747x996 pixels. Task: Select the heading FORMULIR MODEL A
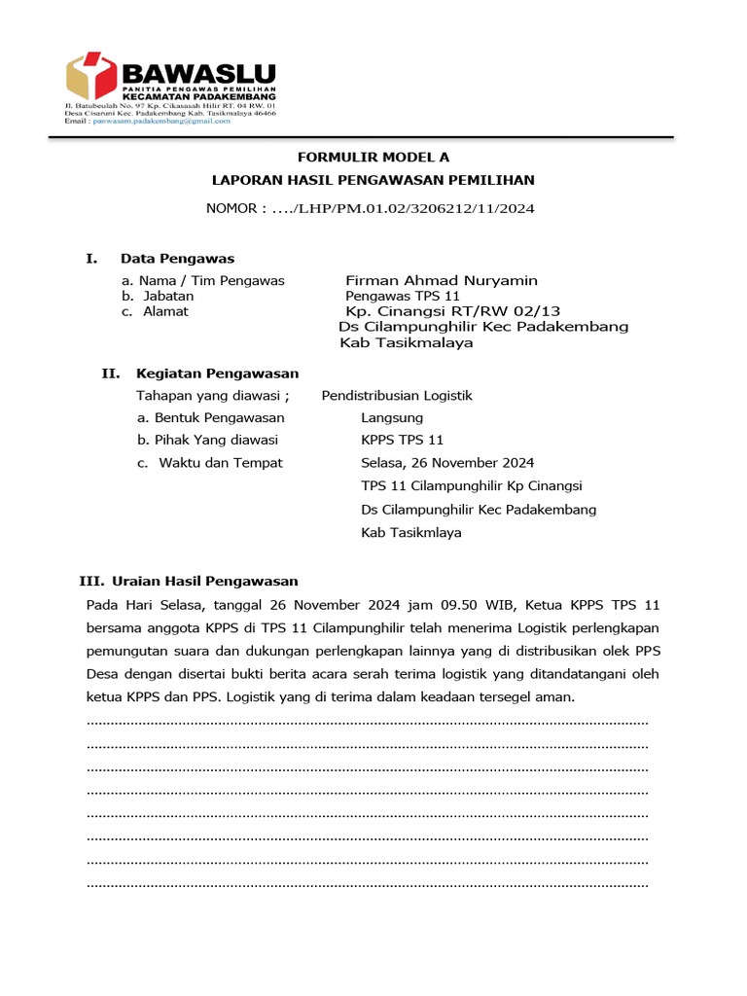(x=373, y=158)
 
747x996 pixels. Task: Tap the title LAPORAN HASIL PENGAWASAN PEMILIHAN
(x=373, y=180)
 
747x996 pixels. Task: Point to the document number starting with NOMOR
(x=370, y=208)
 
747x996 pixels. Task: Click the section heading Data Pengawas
(x=177, y=259)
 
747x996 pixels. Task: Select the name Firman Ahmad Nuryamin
(x=442, y=280)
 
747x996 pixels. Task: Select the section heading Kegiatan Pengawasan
(x=217, y=373)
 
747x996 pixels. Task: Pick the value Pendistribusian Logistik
(x=396, y=396)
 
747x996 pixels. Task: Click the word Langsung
(x=391, y=418)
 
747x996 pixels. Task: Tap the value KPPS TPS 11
(x=402, y=441)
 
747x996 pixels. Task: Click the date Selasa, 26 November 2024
(x=446, y=463)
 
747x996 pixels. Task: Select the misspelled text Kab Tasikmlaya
(x=410, y=533)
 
